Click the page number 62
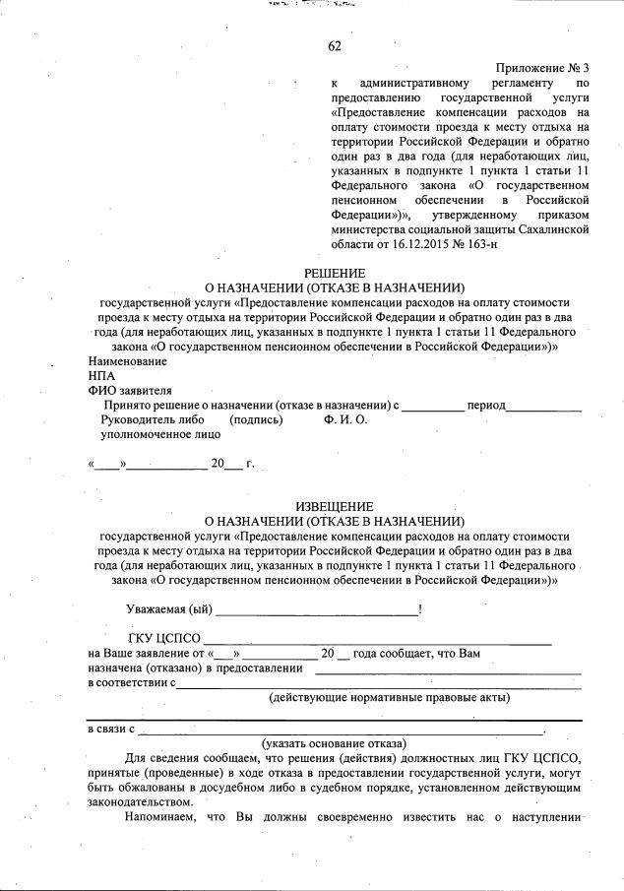click(x=335, y=46)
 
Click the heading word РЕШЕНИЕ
click(x=335, y=273)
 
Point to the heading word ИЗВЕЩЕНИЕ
click(x=335, y=506)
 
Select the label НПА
click(x=101, y=376)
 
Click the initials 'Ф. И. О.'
click(x=345, y=419)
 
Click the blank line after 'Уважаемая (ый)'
click(x=316, y=613)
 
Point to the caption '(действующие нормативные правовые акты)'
click(x=390, y=698)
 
